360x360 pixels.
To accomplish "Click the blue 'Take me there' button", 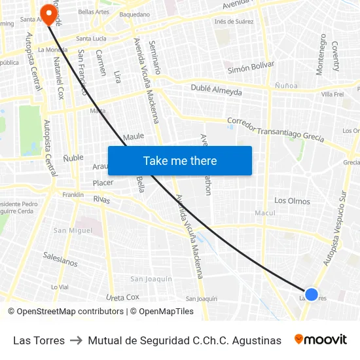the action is click(x=180, y=160).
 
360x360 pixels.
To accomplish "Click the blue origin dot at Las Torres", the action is click(x=312, y=295).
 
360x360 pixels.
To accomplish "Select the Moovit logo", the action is click(x=321, y=340).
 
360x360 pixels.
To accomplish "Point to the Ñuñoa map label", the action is click(x=286, y=86).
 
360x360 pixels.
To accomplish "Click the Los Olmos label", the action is click(x=292, y=201).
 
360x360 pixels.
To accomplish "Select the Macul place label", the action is click(x=265, y=213).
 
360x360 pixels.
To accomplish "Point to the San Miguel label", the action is click(x=73, y=230).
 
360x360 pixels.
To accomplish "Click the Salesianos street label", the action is click(x=60, y=260).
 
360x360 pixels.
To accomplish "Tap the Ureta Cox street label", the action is click(x=122, y=297).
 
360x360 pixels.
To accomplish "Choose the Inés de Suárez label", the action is click(x=234, y=22).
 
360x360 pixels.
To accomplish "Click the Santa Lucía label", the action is click(x=91, y=39).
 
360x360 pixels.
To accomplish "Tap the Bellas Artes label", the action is click(x=94, y=12).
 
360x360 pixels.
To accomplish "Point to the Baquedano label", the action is click(x=135, y=14).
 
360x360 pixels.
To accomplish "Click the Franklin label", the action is click(x=73, y=195).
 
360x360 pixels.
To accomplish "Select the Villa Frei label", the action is click(x=333, y=95).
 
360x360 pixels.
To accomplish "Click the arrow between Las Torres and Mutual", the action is click(x=76, y=340).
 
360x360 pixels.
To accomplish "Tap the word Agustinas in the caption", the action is click(x=258, y=340).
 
